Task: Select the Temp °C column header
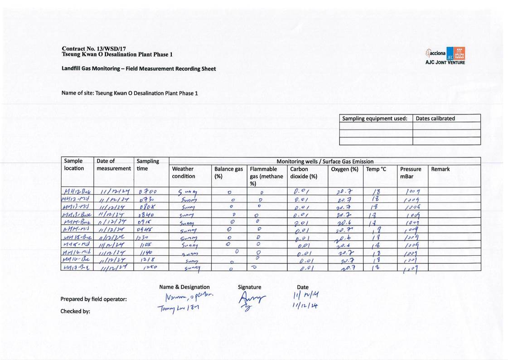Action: pos(376,169)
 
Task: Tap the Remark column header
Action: pos(440,169)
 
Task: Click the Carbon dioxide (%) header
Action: pos(303,173)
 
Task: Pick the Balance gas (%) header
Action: pos(228,173)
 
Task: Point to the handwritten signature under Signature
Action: pos(251,300)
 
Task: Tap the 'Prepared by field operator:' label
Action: pos(93,299)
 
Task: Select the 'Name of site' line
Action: pos(130,93)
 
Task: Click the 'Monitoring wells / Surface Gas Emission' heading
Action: pos(325,161)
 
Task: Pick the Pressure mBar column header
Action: pos(411,173)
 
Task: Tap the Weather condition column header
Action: pos(184,173)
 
